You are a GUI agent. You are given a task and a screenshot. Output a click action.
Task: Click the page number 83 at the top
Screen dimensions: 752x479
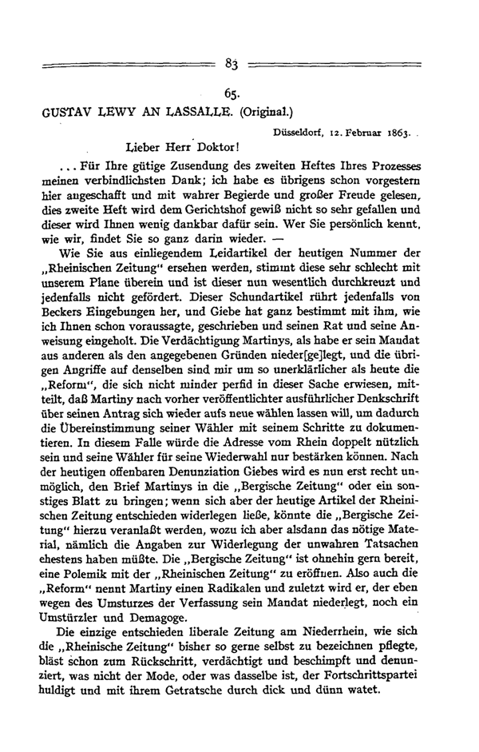pyautogui.click(x=233, y=64)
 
